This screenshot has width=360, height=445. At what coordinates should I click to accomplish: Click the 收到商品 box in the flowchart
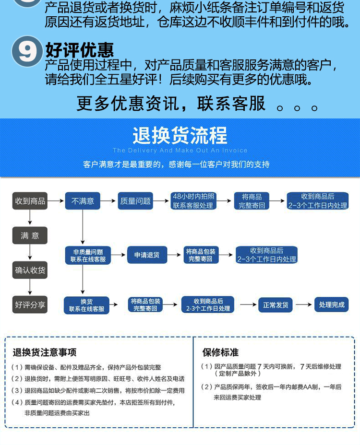[x=30, y=201]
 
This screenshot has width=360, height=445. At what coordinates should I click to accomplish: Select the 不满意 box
[x=83, y=201]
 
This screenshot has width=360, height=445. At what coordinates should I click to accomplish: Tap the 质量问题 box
[x=135, y=201]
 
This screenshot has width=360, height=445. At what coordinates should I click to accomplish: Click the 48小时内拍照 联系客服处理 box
[x=193, y=201]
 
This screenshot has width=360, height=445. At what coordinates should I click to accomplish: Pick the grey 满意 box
[x=30, y=235]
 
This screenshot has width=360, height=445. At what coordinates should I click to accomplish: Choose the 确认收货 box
[x=30, y=270]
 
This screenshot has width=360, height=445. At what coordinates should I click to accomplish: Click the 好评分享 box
[x=30, y=304]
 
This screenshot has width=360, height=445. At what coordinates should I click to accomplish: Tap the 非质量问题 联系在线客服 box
[x=87, y=255]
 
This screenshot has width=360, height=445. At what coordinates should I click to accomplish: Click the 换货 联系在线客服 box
[x=86, y=305]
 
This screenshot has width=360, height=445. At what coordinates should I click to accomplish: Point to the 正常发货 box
[x=276, y=305]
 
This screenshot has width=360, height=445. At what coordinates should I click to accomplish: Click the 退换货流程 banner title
[x=180, y=136]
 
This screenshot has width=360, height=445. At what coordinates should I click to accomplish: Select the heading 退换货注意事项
[x=44, y=353]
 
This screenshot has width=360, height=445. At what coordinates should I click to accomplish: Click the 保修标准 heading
[x=220, y=353]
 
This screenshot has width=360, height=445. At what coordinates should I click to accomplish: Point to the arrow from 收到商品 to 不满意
[x=57, y=201]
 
